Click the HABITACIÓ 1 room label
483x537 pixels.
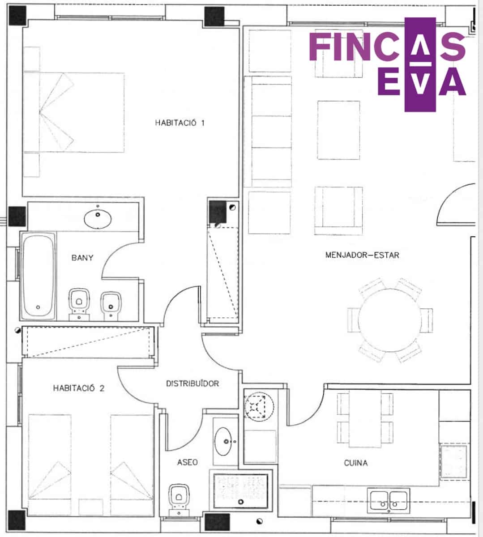tap(180, 123)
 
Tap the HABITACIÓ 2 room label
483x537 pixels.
tap(78, 388)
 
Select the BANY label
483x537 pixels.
tap(82, 258)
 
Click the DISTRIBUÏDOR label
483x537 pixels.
tap(192, 384)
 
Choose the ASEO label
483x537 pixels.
tap(188, 462)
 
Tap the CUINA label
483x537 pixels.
tap(356, 463)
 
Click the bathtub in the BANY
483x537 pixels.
tap(38, 276)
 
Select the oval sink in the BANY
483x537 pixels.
tap(98, 219)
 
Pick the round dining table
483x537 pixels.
tap(390, 320)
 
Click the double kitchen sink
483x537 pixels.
tap(389, 500)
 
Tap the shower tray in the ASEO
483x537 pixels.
tap(240, 491)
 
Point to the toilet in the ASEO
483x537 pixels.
tap(179, 500)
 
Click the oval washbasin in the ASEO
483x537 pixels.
tap(223, 441)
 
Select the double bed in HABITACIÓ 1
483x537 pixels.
tap(74, 112)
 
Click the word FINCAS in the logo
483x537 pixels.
tap(387, 47)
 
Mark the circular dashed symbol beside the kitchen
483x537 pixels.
tap(259, 407)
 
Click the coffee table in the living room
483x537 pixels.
tap(338, 130)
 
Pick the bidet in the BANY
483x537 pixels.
tap(111, 306)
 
